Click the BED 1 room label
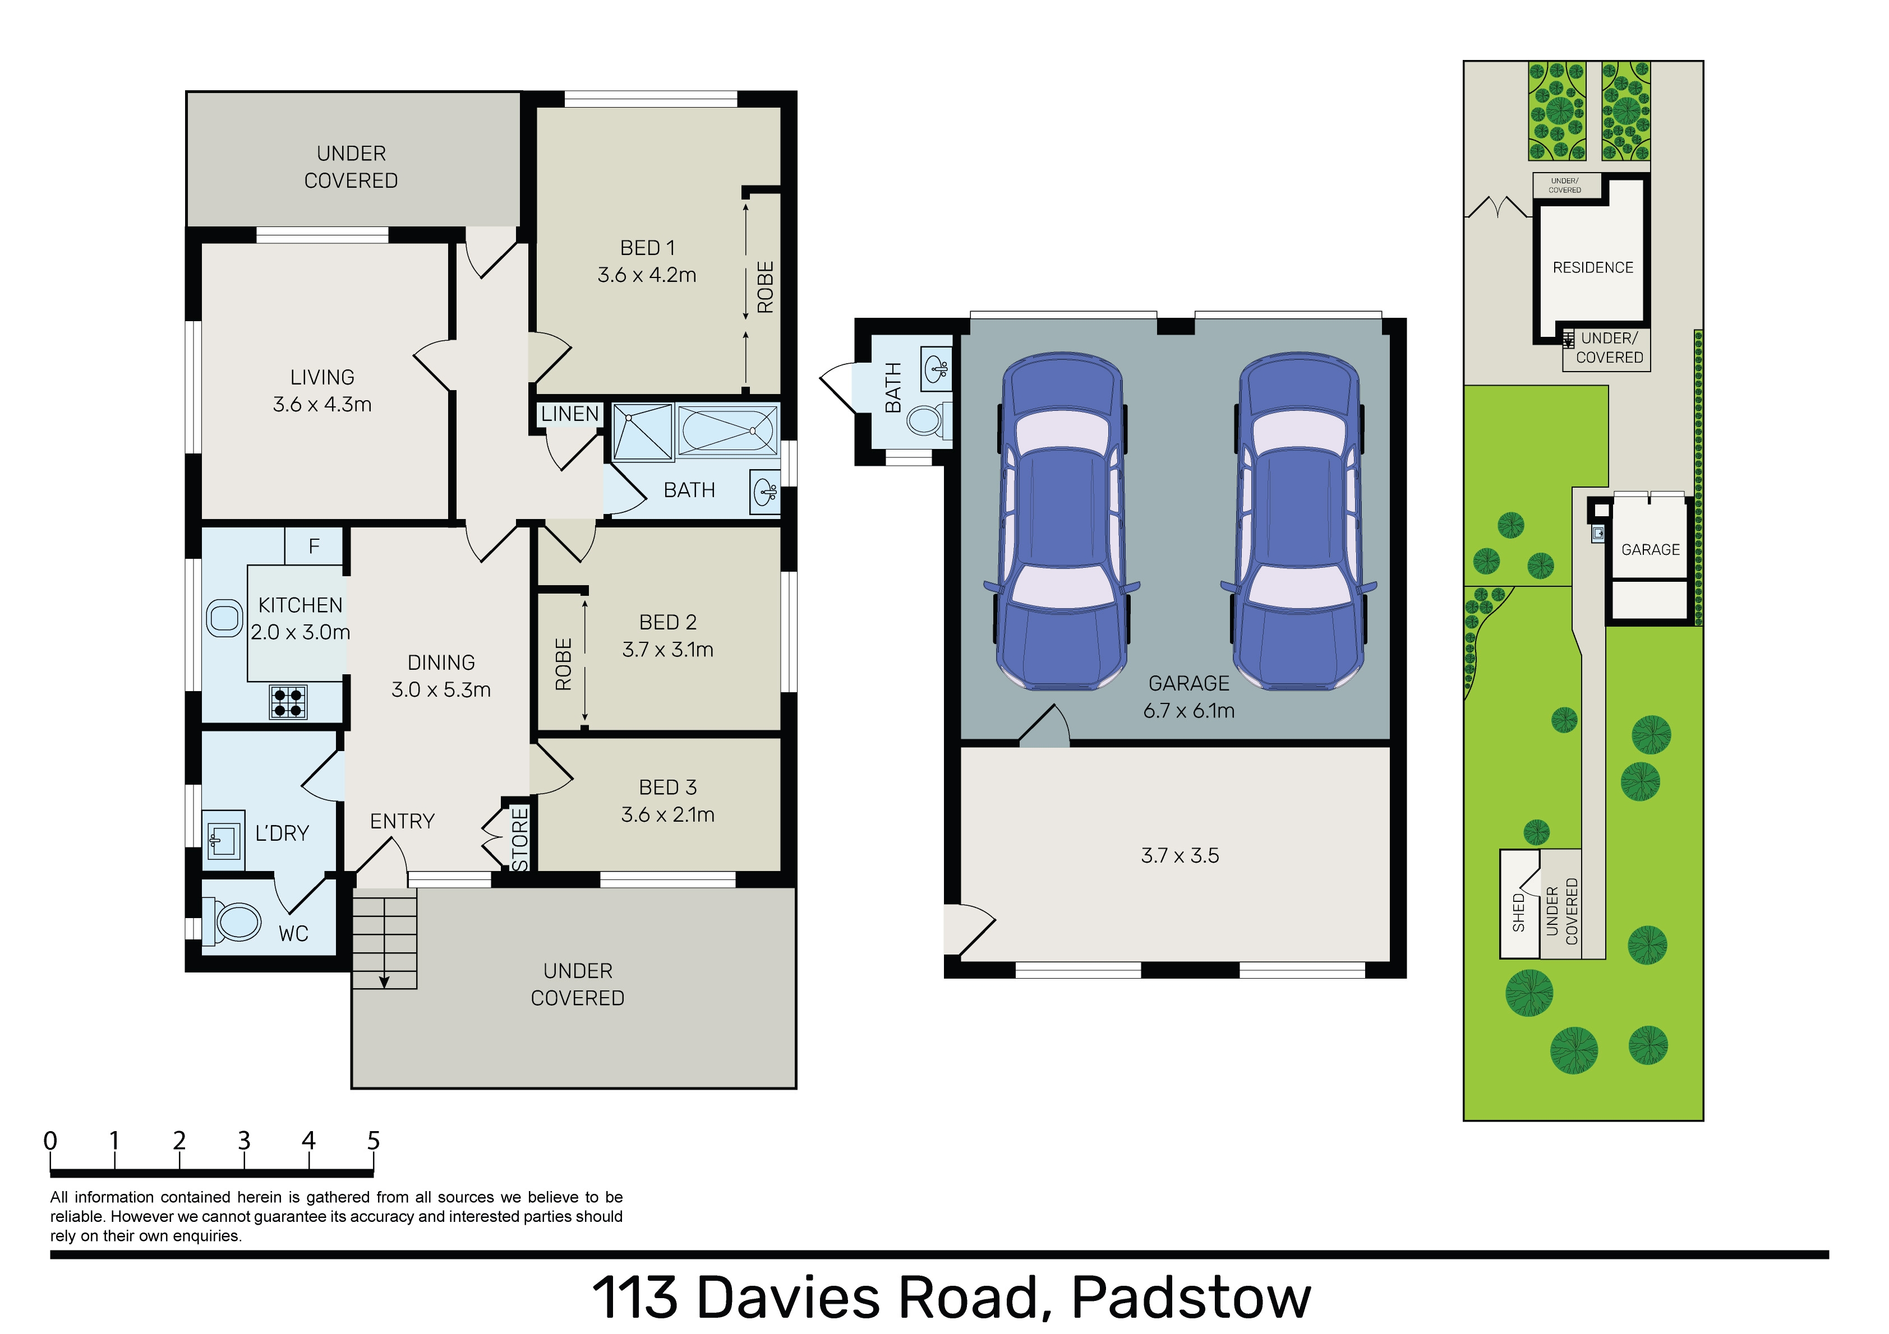click(x=647, y=248)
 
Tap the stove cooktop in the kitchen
click(x=288, y=702)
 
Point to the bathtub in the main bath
click(x=727, y=430)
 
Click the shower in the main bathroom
click(x=643, y=431)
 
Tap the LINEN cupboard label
click(x=570, y=414)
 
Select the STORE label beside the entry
click(x=520, y=839)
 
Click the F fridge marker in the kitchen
click(x=314, y=546)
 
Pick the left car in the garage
click(x=1062, y=521)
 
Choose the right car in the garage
click(x=1298, y=521)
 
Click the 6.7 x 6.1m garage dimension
click(x=1189, y=711)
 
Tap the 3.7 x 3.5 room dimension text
click(x=1180, y=855)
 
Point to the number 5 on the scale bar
click(x=374, y=1141)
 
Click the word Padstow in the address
click(x=1191, y=1298)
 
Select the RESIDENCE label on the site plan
click(x=1593, y=267)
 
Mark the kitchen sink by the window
click(x=224, y=618)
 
